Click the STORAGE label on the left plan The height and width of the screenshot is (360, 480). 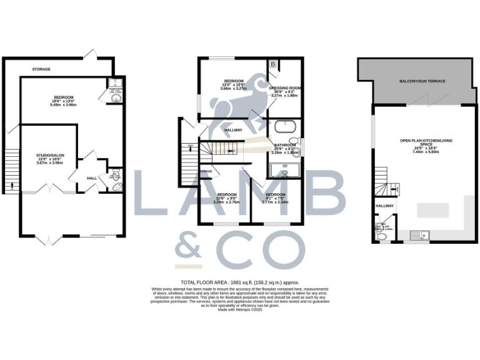click(x=42, y=69)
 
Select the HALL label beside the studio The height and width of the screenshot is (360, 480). click(x=91, y=179)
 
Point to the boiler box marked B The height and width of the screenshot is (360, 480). click(x=274, y=65)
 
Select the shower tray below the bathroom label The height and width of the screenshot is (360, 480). click(x=284, y=171)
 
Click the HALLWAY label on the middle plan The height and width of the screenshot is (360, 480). click(x=233, y=130)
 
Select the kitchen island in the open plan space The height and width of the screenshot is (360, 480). click(x=432, y=206)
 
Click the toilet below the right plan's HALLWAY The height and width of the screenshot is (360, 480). click(x=381, y=237)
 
